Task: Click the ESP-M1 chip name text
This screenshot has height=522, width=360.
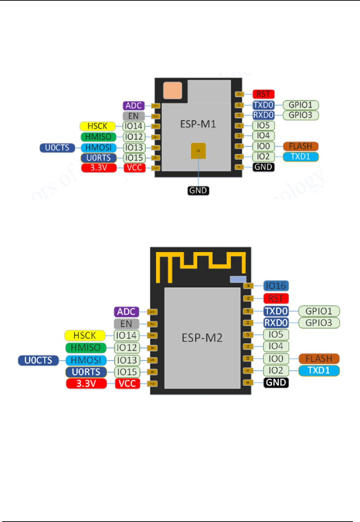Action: click(198, 124)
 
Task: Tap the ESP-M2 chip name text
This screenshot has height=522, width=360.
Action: click(202, 338)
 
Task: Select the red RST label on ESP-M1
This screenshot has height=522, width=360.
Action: click(263, 94)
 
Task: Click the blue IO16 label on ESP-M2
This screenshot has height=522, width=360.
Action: click(276, 286)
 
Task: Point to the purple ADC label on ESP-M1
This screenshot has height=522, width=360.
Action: click(134, 106)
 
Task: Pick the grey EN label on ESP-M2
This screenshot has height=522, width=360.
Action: click(126, 324)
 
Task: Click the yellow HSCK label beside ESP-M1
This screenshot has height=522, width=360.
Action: click(97, 126)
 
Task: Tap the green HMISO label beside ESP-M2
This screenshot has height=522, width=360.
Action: click(86, 348)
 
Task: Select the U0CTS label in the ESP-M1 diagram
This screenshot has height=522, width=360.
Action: click(57, 148)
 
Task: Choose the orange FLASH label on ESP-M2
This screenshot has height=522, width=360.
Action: click(319, 359)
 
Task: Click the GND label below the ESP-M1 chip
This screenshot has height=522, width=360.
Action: click(198, 190)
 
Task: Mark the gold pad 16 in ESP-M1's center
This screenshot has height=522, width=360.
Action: click(198, 151)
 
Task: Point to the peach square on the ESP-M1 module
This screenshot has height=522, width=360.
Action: click(173, 90)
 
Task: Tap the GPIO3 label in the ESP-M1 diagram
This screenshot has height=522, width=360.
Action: click(301, 115)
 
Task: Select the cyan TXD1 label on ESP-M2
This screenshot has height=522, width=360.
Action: click(319, 371)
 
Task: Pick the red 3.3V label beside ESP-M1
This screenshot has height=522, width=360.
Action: click(99, 168)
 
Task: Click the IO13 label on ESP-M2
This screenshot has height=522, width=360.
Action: click(127, 360)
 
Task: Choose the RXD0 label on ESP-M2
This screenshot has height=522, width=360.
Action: click(276, 323)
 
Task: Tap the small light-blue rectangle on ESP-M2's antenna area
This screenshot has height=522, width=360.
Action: click(238, 279)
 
